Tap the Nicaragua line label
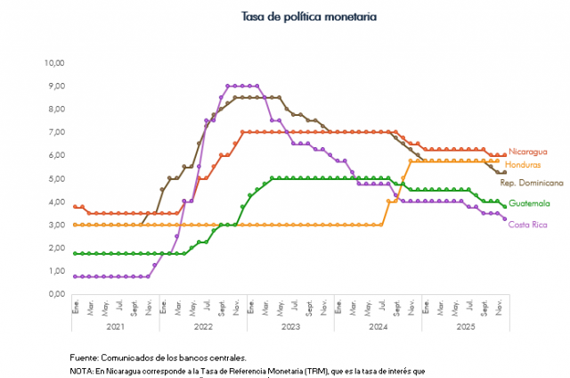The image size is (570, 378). click(x=527, y=152)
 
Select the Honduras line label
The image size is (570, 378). click(x=526, y=165)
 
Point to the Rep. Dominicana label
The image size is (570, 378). click(x=533, y=182)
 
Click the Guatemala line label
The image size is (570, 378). click(x=529, y=203)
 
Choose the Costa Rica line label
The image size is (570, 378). click(x=528, y=224)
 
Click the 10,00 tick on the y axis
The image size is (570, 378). click(x=55, y=63)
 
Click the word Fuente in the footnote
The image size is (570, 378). click(x=86, y=357)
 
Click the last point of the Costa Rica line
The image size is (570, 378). click(x=505, y=218)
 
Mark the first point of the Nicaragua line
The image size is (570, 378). click(x=76, y=207)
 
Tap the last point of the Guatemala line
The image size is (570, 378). click(x=505, y=207)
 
